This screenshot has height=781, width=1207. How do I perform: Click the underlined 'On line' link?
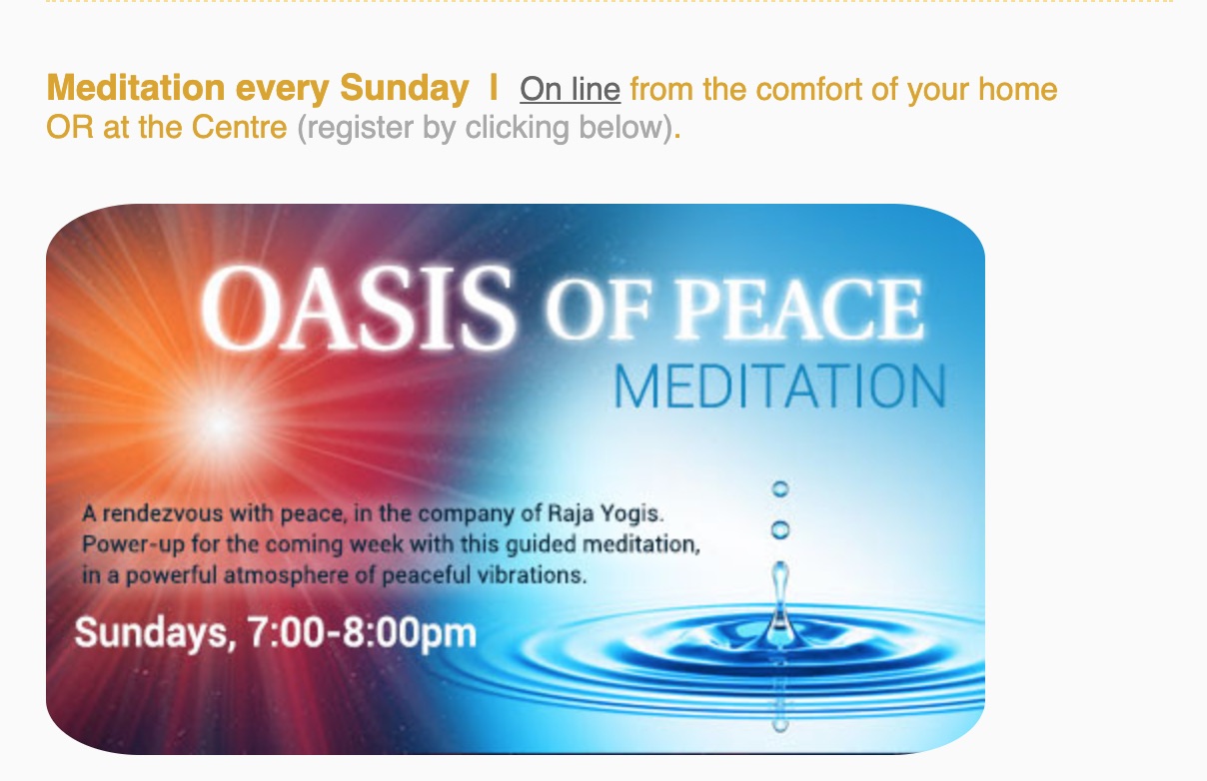pyautogui.click(x=570, y=89)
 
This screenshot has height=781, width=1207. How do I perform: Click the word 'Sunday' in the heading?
pyautogui.click(x=404, y=89)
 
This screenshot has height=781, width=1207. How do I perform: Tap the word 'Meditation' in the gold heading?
pyautogui.click(x=136, y=88)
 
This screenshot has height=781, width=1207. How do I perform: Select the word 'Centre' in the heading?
pyautogui.click(x=239, y=127)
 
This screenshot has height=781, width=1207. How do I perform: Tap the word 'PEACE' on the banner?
pyautogui.click(x=799, y=309)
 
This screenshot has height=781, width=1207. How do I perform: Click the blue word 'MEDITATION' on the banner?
pyautogui.click(x=780, y=387)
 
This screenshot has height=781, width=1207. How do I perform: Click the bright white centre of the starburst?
pyautogui.click(x=219, y=425)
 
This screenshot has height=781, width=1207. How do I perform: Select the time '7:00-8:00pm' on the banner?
pyautogui.click(x=362, y=632)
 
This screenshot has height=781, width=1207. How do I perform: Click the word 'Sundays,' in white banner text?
pyautogui.click(x=156, y=633)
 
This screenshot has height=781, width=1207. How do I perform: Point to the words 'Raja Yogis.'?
pyautogui.click(x=605, y=513)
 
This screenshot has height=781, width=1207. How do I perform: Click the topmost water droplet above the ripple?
pyautogui.click(x=780, y=489)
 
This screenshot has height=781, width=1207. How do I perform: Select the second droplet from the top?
pyautogui.click(x=780, y=530)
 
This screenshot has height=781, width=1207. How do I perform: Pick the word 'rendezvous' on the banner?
pyautogui.click(x=163, y=513)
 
